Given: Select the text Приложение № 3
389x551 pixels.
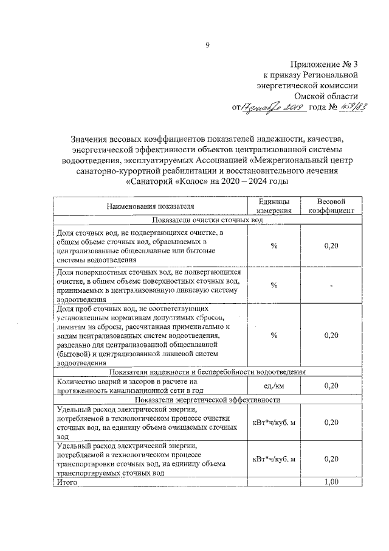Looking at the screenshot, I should (x=325, y=63).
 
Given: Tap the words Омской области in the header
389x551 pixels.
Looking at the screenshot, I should (x=326, y=96).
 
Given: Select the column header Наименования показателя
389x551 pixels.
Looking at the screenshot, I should (x=151, y=207).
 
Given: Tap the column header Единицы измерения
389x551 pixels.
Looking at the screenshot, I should (x=274, y=206).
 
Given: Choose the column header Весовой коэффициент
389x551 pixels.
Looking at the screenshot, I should (x=331, y=206).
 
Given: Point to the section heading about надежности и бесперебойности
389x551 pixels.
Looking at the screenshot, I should (x=207, y=371).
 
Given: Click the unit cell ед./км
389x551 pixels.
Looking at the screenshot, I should (x=274, y=385).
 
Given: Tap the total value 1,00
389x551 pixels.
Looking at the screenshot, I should (x=331, y=482).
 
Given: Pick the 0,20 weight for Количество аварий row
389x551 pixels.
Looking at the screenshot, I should (x=331, y=385).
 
